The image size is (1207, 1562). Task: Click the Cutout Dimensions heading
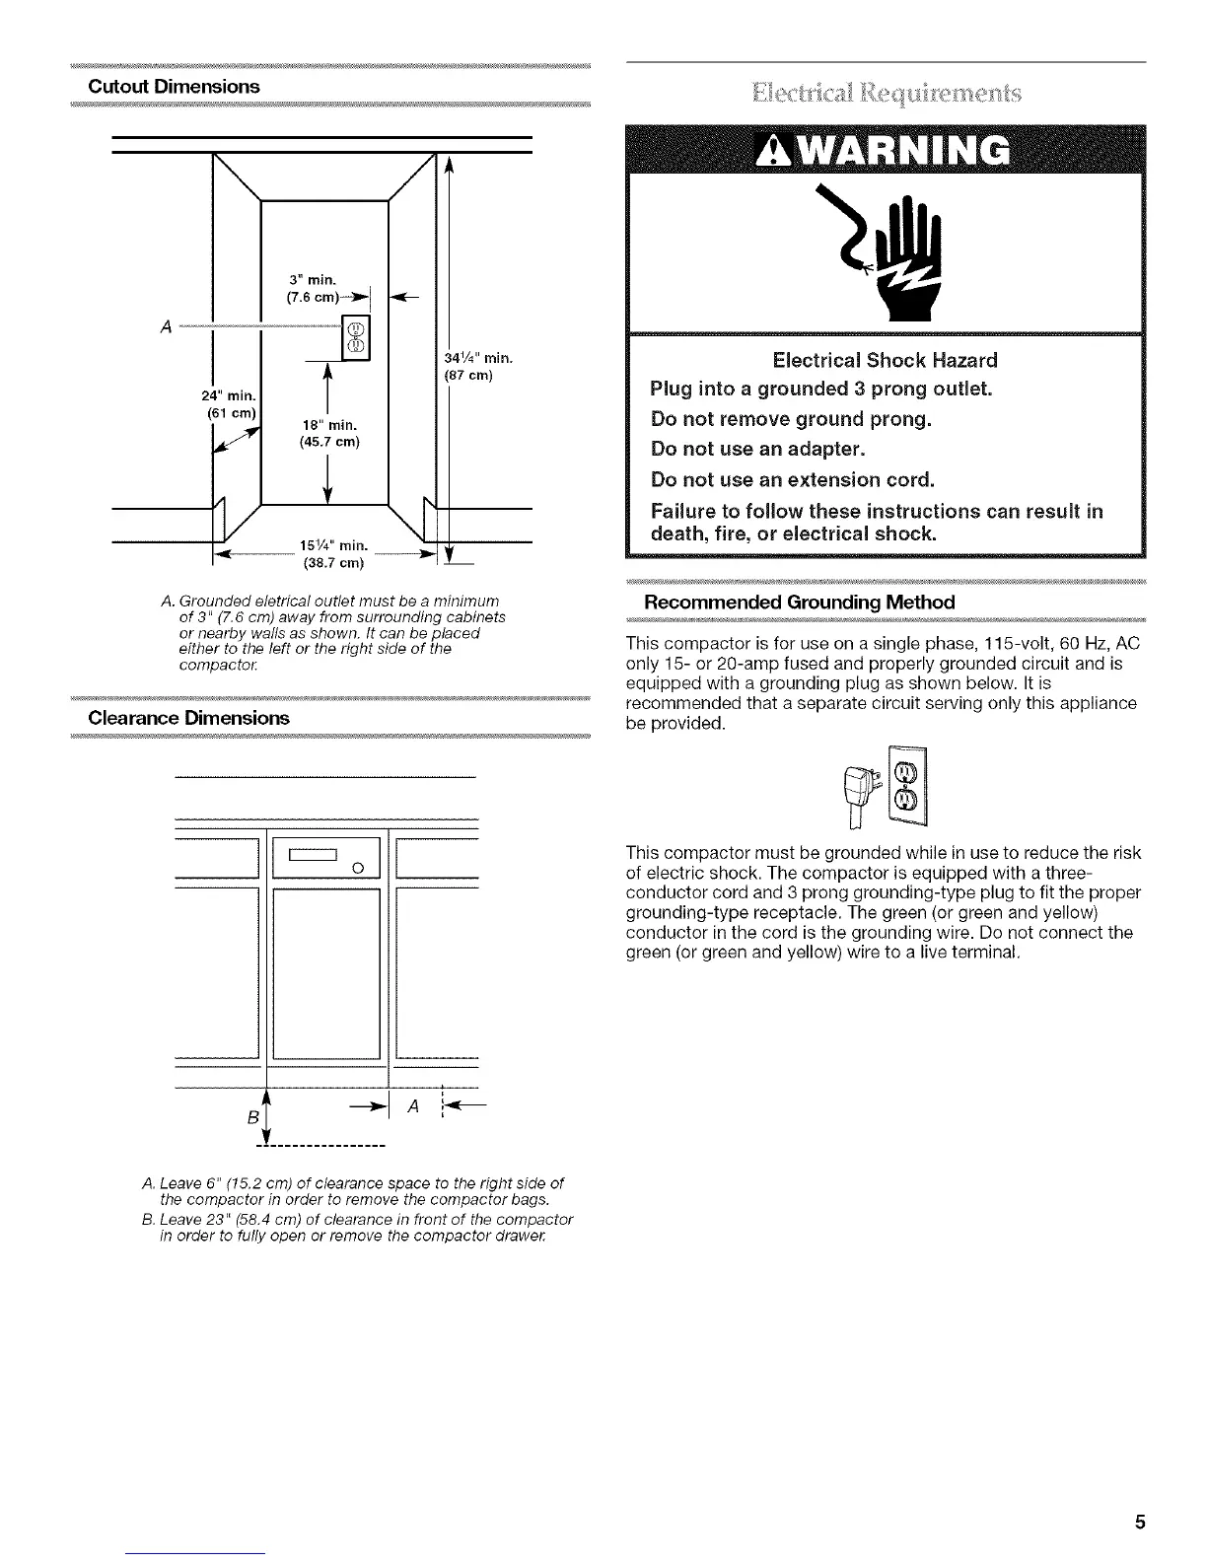point(174,87)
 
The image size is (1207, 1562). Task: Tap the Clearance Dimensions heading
point(188,718)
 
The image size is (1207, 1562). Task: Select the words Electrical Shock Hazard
point(885,360)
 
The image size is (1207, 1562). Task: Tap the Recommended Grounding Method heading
point(799,603)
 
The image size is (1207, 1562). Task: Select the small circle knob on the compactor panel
point(359,869)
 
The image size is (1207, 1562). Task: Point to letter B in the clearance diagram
point(252,1119)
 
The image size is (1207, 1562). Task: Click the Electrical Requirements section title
point(886,94)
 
